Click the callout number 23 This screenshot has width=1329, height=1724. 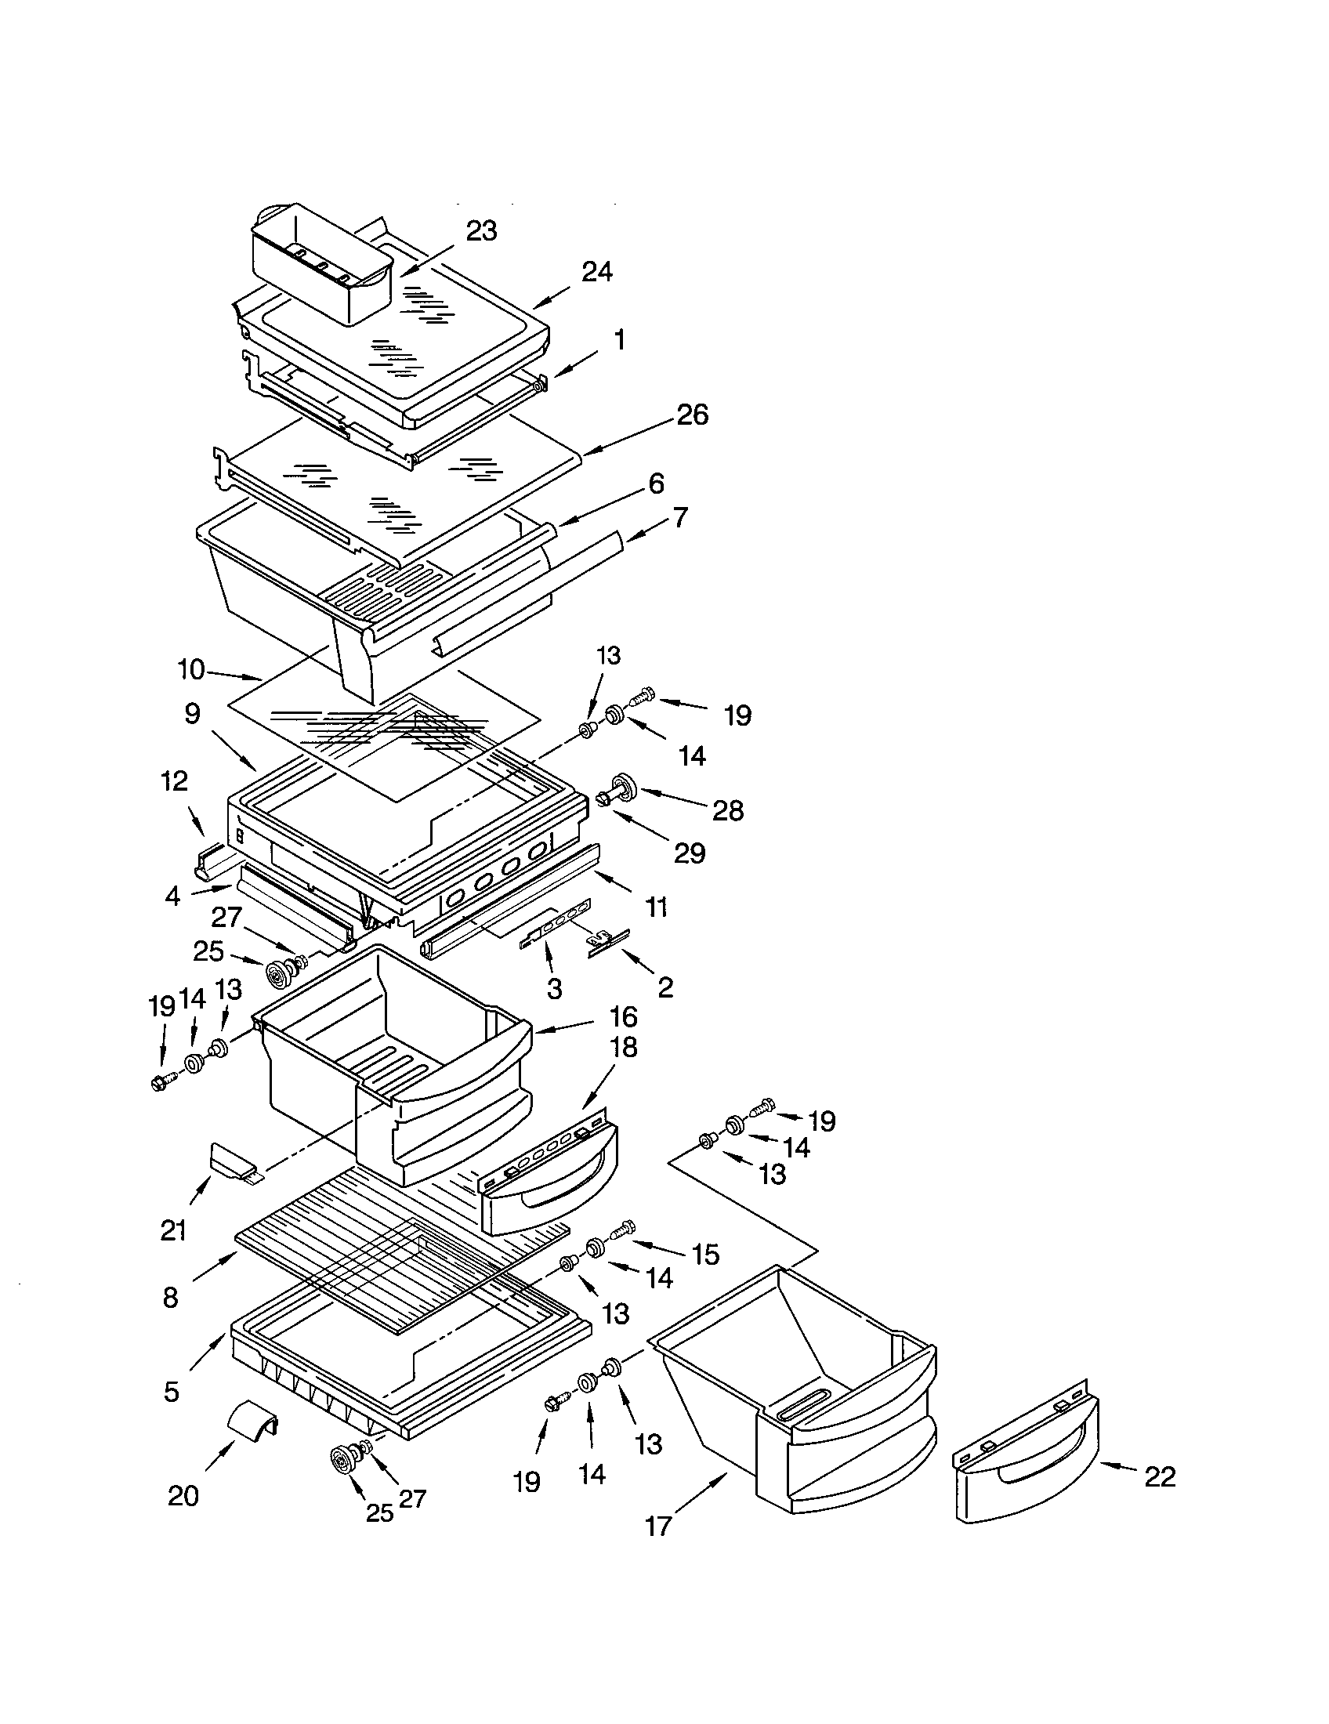click(481, 230)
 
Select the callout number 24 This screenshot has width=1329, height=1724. click(596, 272)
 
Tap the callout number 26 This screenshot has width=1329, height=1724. click(692, 415)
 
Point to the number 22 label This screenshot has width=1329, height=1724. click(1159, 1476)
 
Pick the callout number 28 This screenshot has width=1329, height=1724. click(727, 811)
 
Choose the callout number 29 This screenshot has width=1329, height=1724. click(689, 853)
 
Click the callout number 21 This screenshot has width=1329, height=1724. click(173, 1230)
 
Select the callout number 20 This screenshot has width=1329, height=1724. click(183, 1495)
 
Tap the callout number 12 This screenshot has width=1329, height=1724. click(175, 781)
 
